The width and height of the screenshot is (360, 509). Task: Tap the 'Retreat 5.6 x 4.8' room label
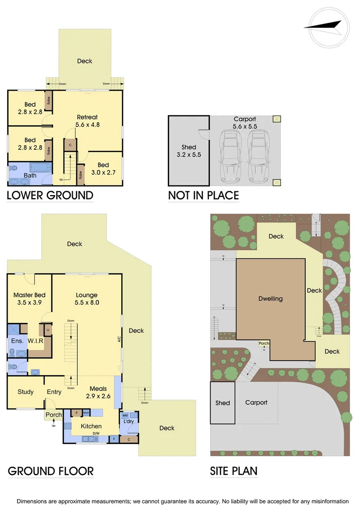click(x=87, y=121)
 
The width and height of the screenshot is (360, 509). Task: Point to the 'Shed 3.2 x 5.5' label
click(x=188, y=151)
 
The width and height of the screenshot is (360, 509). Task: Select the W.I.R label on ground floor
click(x=36, y=340)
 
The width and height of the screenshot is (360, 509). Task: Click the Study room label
click(x=25, y=392)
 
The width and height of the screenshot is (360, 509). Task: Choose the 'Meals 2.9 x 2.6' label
click(x=98, y=393)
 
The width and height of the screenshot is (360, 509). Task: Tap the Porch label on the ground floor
click(x=53, y=415)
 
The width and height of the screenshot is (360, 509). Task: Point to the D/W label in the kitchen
click(x=96, y=433)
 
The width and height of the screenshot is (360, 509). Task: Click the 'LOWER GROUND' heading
click(x=50, y=195)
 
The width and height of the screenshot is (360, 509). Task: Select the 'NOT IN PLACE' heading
click(x=204, y=195)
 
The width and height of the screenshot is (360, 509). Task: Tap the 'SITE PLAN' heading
click(x=234, y=471)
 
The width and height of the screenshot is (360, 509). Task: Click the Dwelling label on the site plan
click(x=270, y=299)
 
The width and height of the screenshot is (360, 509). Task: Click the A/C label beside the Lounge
click(x=120, y=338)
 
